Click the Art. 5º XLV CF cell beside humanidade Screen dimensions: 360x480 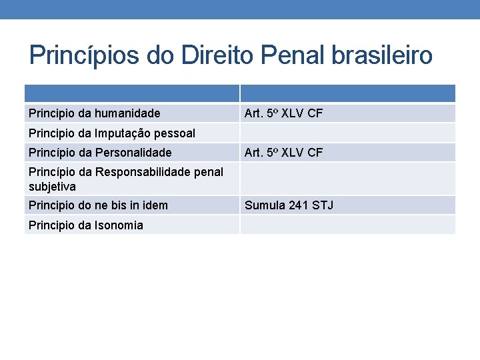click(283, 113)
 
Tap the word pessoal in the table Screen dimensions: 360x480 click(177, 133)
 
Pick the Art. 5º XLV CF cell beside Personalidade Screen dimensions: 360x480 click(283, 153)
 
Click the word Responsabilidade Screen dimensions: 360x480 click(145, 172)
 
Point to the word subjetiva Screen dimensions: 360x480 click(52, 187)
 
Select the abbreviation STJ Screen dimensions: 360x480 click(323, 205)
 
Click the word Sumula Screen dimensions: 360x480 click(265, 205)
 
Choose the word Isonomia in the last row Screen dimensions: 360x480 click(119, 225)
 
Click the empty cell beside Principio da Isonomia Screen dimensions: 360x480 click(347, 225)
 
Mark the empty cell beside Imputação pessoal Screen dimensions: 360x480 click(347, 133)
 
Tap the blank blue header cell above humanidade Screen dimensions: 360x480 click(131, 93)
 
